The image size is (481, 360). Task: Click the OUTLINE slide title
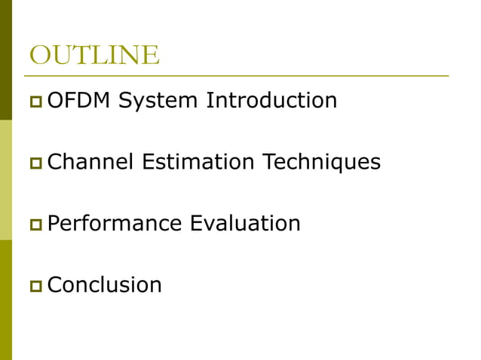click(x=93, y=55)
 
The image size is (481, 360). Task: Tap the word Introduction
click(x=271, y=100)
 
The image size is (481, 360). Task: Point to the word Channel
click(x=85, y=162)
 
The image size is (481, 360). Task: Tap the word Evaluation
click(x=245, y=224)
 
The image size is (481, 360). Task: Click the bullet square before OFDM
click(x=35, y=101)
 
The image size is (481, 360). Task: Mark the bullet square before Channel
click(x=35, y=163)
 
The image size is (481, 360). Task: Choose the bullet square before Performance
click(x=35, y=224)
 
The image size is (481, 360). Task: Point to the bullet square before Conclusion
click(x=35, y=286)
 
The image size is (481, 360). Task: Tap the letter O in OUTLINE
click(x=38, y=55)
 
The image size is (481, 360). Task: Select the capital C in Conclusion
click(x=54, y=285)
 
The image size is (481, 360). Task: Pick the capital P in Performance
click(x=53, y=224)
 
